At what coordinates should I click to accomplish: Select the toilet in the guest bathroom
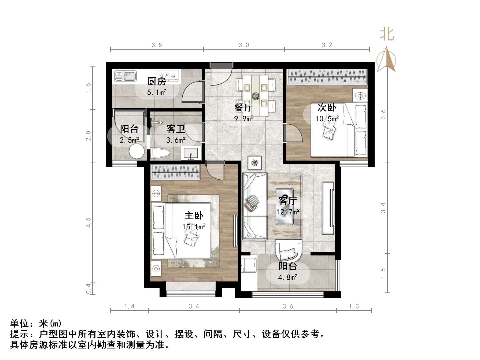point(160,153)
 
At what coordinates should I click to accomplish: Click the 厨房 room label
point(157,81)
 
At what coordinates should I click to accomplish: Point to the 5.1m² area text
point(157,93)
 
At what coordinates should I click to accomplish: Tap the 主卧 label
point(194,216)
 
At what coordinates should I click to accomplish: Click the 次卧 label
point(327,107)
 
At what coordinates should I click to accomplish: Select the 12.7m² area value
point(288,212)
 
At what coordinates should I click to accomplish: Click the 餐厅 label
point(243,107)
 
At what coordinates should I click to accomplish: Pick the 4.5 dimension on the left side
point(88,222)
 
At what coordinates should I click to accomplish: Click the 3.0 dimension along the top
point(244,45)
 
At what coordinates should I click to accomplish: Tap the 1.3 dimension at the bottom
point(354,306)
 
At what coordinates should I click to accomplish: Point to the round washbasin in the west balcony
point(137,151)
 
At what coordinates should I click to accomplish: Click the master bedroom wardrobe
point(176,172)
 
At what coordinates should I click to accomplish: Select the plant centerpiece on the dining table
point(256,95)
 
